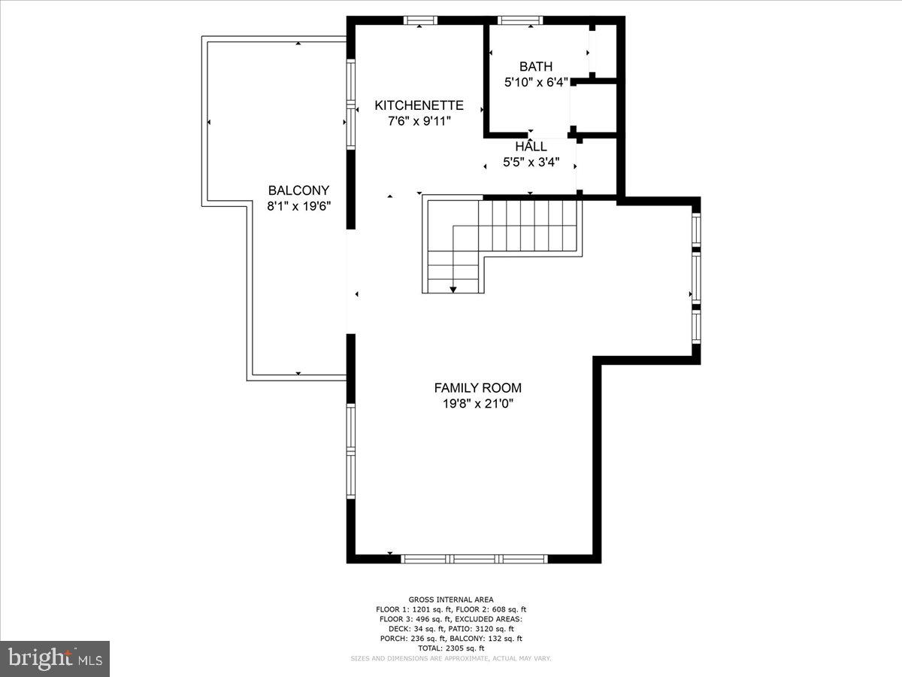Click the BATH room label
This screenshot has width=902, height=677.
pos(535,67)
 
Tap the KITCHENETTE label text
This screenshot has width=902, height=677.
pos(419,105)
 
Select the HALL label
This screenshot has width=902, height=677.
pos(531,147)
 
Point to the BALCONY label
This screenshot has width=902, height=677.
pos(298,190)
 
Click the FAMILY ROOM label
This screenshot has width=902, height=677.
pos(477,388)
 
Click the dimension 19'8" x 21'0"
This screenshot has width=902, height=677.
pos(477,404)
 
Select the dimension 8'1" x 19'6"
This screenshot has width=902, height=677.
pos(298,205)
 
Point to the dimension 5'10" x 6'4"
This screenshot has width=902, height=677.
pos(535,83)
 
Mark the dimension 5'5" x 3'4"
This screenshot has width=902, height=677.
pos(531,162)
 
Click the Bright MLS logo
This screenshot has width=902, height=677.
pos(55,658)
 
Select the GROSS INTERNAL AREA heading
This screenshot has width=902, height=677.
pos(451,600)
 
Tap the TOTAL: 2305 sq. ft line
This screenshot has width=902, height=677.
pos(451,648)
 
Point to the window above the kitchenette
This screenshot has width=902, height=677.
pos(420,20)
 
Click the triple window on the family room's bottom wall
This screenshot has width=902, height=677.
pos(474,559)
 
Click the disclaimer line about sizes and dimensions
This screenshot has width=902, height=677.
pos(451,658)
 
